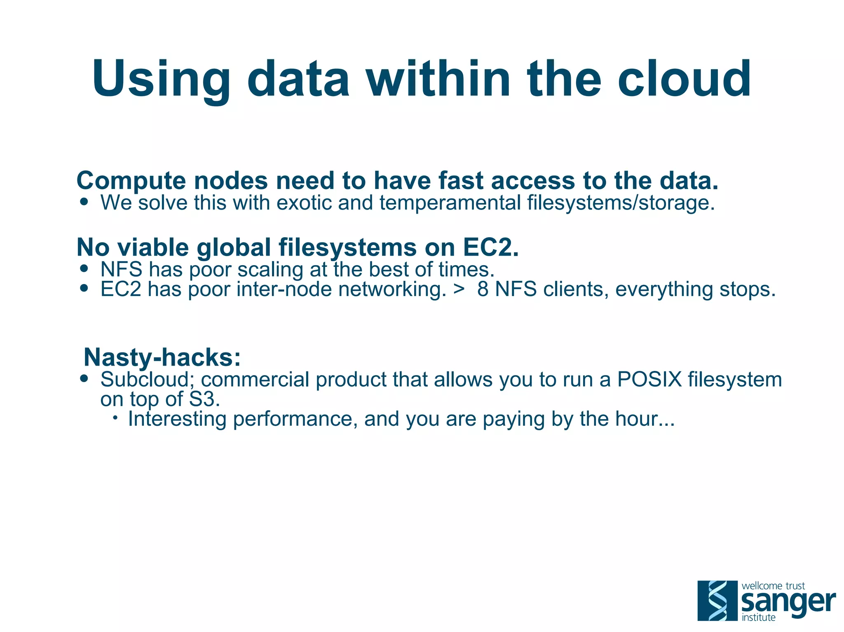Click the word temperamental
point(450,203)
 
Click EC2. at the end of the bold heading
point(490,247)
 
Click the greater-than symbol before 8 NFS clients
point(459,289)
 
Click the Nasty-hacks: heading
point(162,357)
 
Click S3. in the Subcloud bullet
point(204,399)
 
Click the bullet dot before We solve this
point(84,202)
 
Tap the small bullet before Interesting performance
point(115,418)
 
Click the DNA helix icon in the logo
point(717,600)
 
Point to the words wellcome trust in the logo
point(773,585)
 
